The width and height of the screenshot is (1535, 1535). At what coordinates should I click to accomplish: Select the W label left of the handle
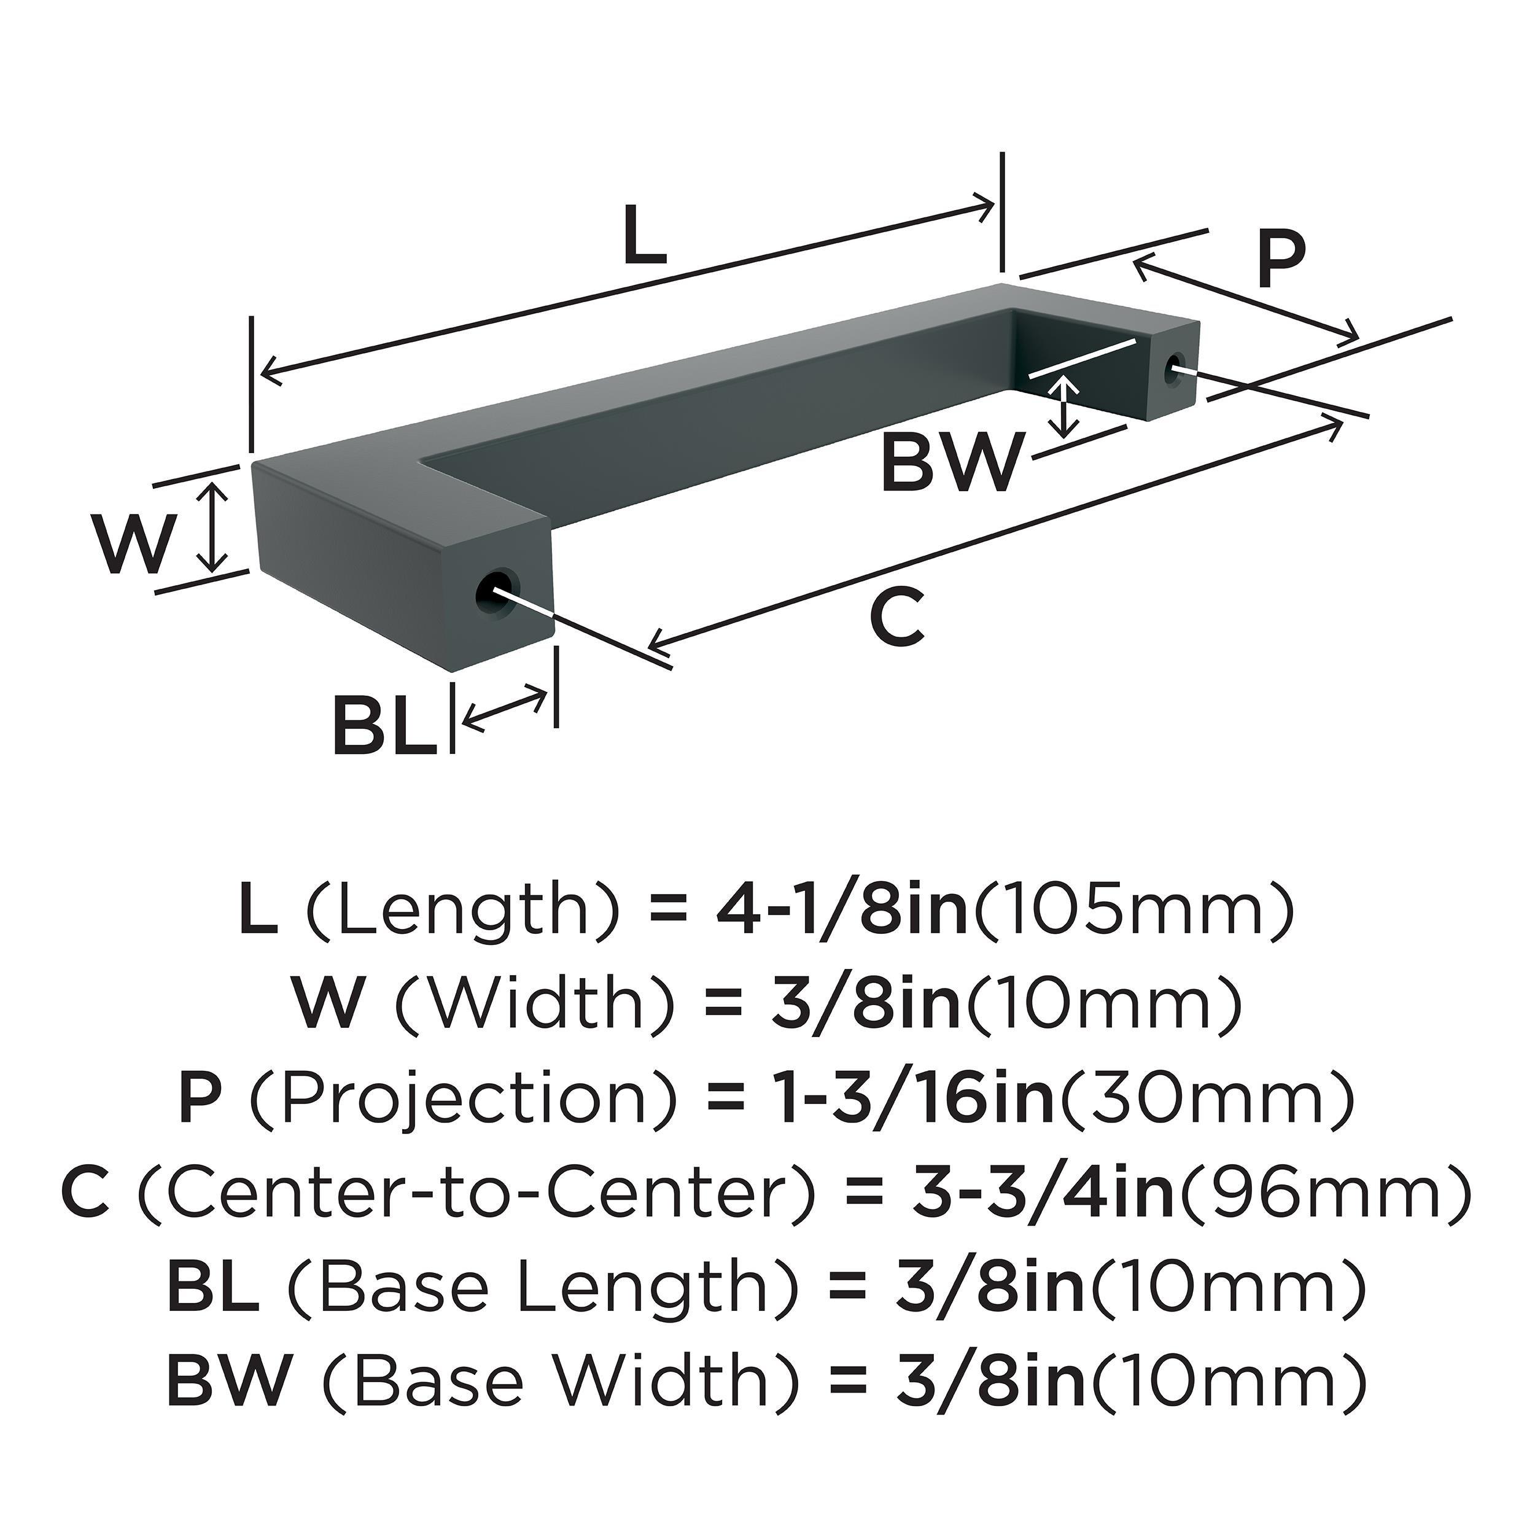tap(133, 543)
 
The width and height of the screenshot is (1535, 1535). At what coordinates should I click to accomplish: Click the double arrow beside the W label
tap(212, 529)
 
